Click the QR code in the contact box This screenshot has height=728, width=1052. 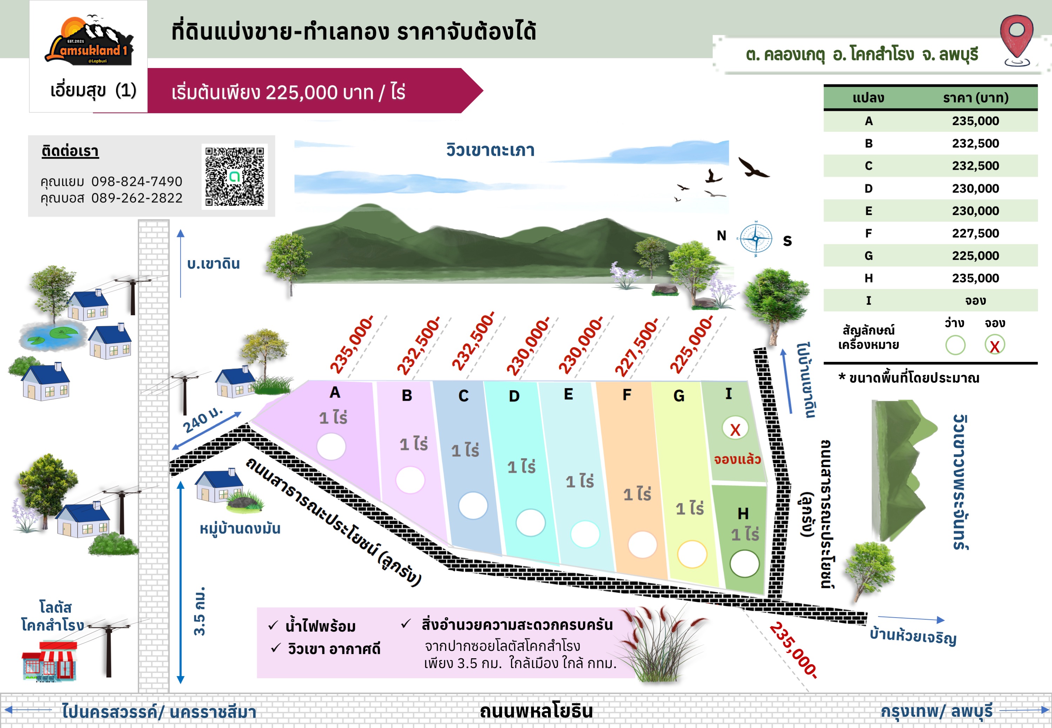point(234,176)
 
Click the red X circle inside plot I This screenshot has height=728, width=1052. point(735,429)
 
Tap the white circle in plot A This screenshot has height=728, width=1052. point(331,446)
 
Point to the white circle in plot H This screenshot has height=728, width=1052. point(744,564)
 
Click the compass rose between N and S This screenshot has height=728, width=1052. point(756,238)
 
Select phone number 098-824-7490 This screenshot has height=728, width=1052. point(136,182)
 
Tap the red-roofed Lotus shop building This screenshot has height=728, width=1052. point(49,660)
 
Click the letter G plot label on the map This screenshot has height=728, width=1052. point(678,396)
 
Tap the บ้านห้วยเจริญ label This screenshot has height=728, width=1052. point(912,636)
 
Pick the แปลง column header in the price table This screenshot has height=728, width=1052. point(868,97)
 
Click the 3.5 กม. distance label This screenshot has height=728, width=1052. point(199,611)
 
